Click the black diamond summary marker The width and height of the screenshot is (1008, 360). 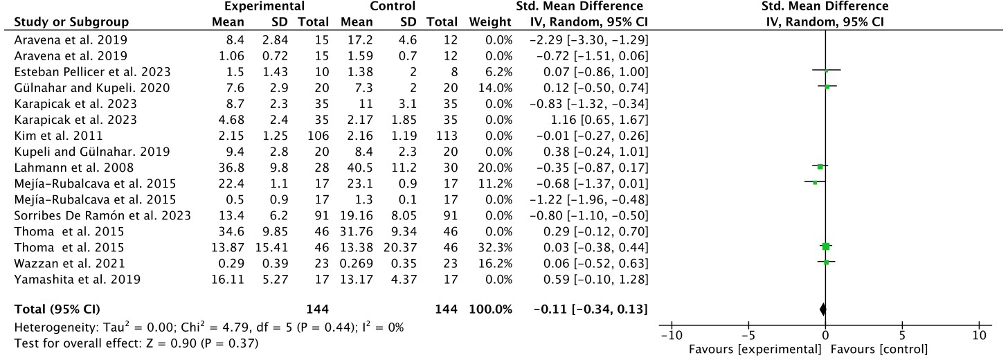click(822, 309)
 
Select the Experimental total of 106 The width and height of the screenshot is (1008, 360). click(305, 136)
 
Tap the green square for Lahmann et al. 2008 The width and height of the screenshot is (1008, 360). click(820, 167)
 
